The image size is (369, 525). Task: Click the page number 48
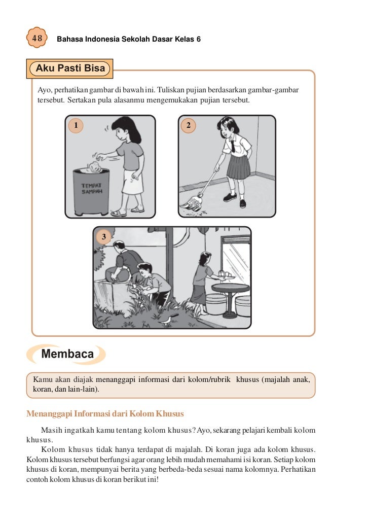(37, 39)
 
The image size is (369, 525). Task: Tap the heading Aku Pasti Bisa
(70, 68)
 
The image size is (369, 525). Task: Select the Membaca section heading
(67, 354)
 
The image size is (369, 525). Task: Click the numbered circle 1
(76, 125)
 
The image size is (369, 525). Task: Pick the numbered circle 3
(103, 236)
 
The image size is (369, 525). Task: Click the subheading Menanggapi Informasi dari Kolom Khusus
(104, 413)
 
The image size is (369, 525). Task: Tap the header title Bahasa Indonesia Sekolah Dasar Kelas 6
(129, 39)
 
